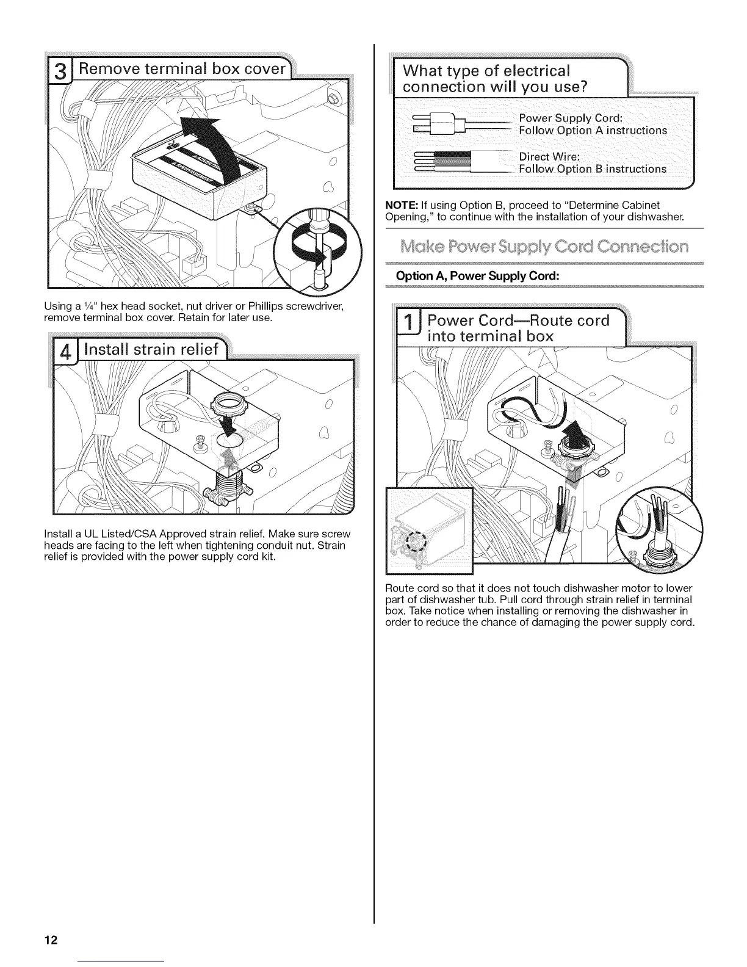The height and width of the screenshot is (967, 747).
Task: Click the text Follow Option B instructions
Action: coord(592,168)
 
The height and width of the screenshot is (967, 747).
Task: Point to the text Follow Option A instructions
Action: coord(592,130)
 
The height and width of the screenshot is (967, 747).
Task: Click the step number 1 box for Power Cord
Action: coord(408,327)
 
